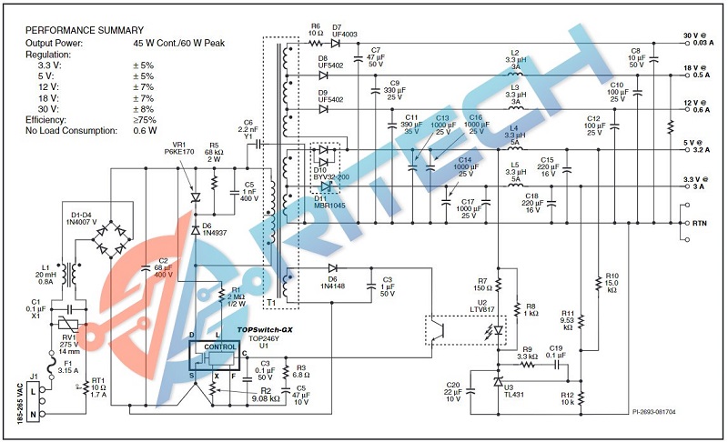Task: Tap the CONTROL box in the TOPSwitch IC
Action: pyautogui.click(x=219, y=347)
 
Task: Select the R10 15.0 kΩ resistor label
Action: pyautogui.click(x=612, y=283)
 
